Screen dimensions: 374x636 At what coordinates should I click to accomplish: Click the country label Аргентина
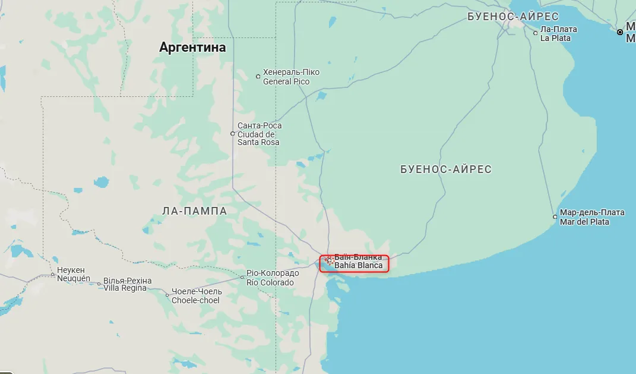tap(192, 48)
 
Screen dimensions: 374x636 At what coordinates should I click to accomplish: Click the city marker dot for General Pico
tap(258, 76)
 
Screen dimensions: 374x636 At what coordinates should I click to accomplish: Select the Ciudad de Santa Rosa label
tap(260, 134)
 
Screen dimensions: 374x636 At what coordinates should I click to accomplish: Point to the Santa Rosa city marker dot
tap(233, 134)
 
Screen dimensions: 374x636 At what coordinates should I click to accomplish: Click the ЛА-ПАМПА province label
tap(194, 210)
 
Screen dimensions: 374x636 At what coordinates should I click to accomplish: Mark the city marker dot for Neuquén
tap(52, 275)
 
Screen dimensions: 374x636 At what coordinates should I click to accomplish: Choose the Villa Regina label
tap(128, 284)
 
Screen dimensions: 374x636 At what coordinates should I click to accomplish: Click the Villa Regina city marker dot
tap(99, 284)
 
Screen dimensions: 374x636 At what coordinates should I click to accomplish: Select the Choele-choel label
tap(196, 296)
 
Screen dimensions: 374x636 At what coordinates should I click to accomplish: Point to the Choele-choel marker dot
tap(167, 296)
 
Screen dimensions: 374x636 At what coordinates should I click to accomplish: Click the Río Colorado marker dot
tap(242, 277)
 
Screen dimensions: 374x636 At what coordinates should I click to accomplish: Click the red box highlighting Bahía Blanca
tap(354, 263)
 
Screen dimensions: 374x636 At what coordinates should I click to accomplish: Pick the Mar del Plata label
tap(592, 217)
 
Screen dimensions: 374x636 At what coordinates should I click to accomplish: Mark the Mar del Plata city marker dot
tap(555, 217)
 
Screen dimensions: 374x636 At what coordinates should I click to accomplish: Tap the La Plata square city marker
tap(535, 33)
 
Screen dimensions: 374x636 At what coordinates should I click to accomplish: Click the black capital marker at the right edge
tap(619, 32)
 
